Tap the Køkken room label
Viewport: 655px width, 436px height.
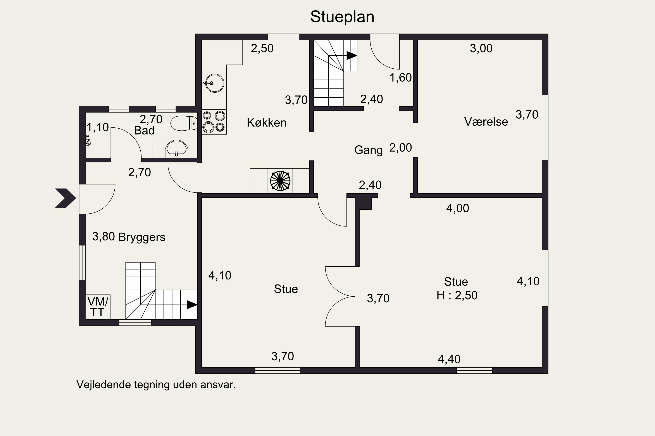267,123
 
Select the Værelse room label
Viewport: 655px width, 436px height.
486,122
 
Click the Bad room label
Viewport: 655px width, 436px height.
144,130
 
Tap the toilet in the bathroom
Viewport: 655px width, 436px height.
184,123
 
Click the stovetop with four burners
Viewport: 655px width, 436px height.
214,122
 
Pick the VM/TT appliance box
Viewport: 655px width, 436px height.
98,307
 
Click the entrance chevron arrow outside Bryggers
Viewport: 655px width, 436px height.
65,198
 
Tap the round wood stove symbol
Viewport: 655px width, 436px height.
280,181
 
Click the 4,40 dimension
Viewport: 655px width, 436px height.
449,359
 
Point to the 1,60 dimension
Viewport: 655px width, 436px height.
400,78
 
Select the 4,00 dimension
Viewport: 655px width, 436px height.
458,208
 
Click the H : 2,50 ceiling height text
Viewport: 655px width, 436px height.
457,295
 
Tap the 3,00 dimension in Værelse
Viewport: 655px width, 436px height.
481,49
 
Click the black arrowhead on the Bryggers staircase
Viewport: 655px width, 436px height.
192,305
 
